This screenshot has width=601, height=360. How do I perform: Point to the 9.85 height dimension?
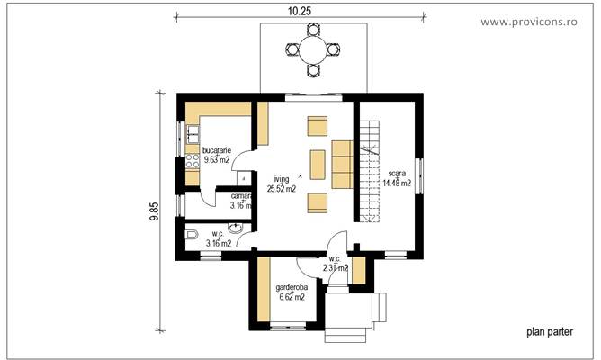tap(155, 211)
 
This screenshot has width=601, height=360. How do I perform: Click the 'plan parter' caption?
tap(549, 331)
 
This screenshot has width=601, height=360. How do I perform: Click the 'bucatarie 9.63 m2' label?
tap(218, 155)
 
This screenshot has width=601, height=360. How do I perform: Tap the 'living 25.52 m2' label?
tap(282, 184)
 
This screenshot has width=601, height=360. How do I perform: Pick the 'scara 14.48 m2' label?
tap(397, 177)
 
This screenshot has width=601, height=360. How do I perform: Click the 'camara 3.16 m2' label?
tap(241, 200)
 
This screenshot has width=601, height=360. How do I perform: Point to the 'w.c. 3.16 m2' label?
tap(218, 238)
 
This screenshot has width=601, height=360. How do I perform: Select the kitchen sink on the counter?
tap(192, 135)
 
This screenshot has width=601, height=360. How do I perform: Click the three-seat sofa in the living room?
tap(342, 164)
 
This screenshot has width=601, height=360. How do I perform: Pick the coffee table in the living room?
tap(318, 165)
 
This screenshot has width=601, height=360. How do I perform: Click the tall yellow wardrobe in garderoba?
tap(263, 292)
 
